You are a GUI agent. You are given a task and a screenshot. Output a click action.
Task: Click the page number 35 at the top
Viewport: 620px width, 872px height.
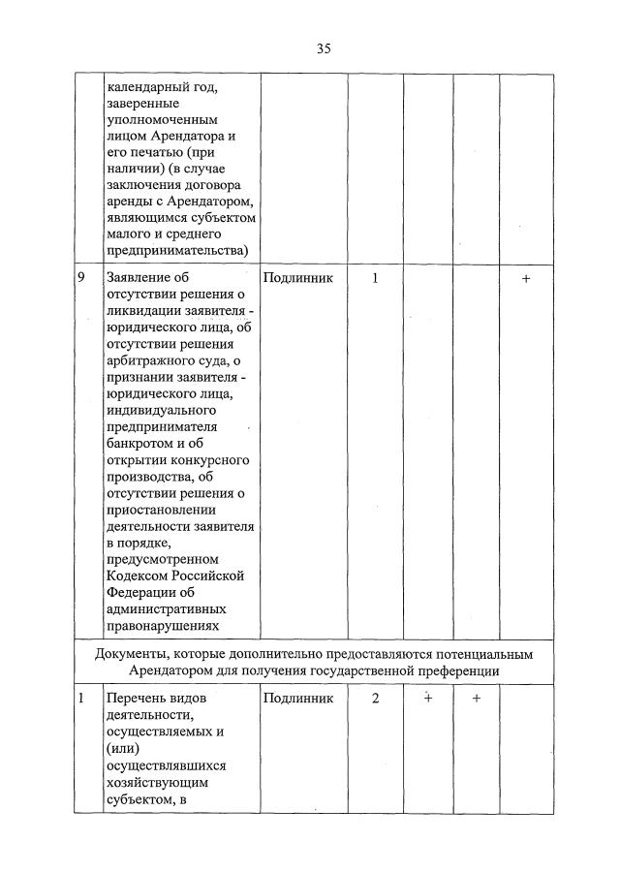click(324, 48)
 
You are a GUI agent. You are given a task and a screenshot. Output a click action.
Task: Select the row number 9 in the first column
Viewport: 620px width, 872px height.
click(84, 277)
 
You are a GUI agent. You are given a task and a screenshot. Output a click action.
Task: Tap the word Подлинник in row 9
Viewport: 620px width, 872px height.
click(297, 278)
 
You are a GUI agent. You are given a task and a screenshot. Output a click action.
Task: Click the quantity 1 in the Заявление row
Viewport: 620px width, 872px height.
click(375, 278)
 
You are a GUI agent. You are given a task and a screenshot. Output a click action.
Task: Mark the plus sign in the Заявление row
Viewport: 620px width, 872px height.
click(526, 278)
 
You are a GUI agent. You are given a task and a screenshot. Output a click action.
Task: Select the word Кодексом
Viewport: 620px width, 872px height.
click(140, 576)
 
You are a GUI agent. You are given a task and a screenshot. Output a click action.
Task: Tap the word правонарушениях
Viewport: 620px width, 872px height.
click(163, 626)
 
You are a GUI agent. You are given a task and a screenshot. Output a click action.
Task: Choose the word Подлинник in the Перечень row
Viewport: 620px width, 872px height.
click(297, 698)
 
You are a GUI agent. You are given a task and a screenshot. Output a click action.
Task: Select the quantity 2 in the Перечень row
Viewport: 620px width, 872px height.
click(375, 698)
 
